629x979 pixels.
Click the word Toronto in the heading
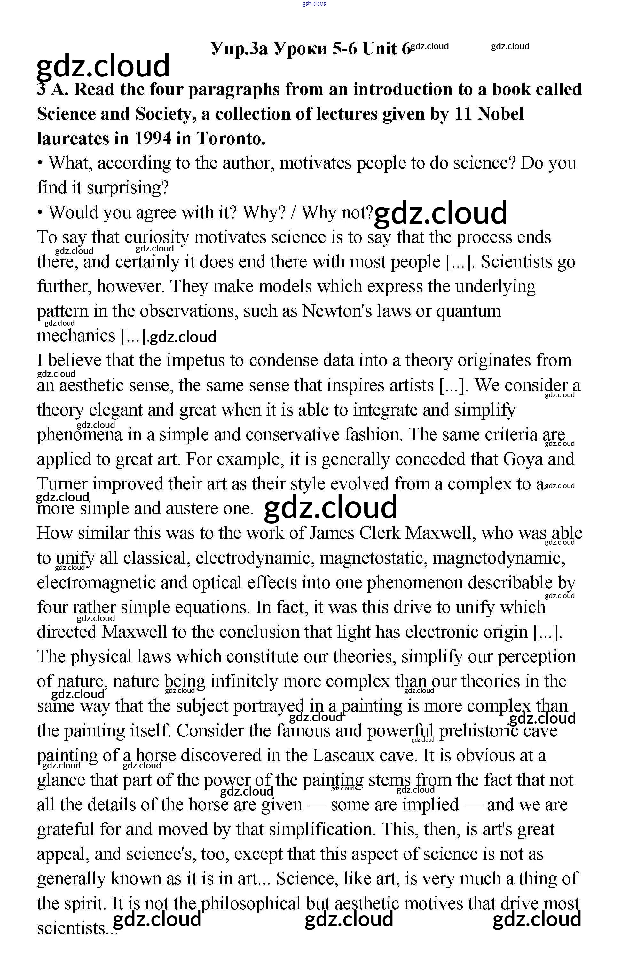(x=231, y=139)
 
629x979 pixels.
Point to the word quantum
(x=468, y=311)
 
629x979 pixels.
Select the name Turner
(x=62, y=484)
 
